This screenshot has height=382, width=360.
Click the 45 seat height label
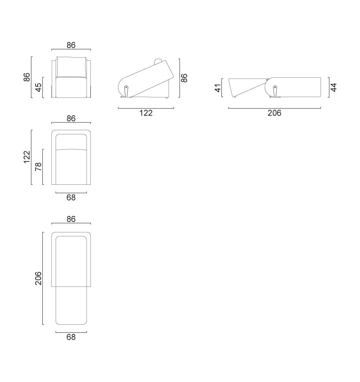pyautogui.click(x=39, y=88)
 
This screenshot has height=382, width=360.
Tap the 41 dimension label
pyautogui.click(x=218, y=88)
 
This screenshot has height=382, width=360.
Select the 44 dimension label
pyautogui.click(x=334, y=87)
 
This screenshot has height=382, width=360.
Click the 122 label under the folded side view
pyautogui.click(x=146, y=113)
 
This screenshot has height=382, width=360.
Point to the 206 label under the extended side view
pyautogui.click(x=274, y=113)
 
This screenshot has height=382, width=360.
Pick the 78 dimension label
pyautogui.click(x=39, y=167)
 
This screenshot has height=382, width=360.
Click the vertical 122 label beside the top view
pyautogui.click(x=27, y=157)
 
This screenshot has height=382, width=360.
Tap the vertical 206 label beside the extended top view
pyautogui.click(x=39, y=278)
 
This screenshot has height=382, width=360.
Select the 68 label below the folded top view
pyautogui.click(x=71, y=198)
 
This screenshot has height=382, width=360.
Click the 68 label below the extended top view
pyautogui.click(x=71, y=337)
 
